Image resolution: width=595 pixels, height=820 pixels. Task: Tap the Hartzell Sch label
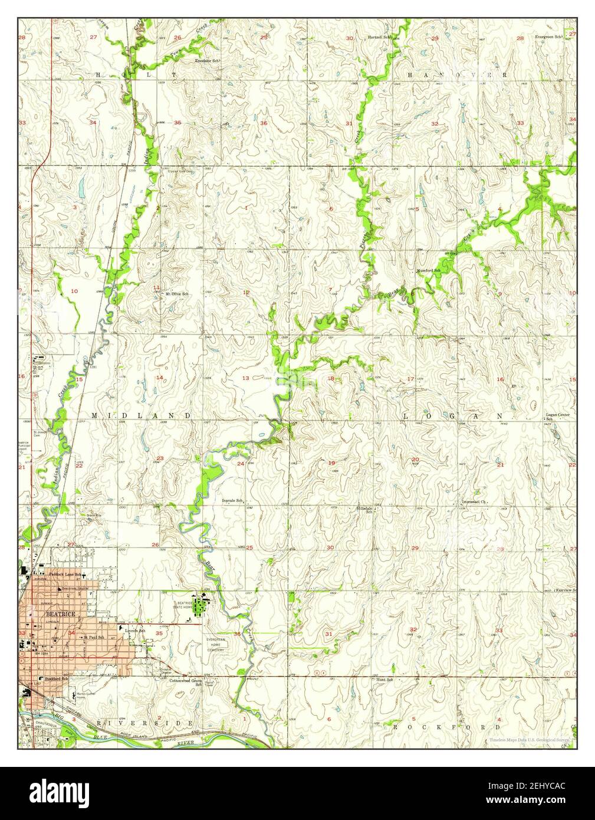(380, 37)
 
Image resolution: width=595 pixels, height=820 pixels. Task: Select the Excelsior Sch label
(208, 61)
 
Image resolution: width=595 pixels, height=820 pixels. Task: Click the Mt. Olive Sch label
(177, 294)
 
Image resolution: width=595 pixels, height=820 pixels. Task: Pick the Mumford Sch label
(429, 270)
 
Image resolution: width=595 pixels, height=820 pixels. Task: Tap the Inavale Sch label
(233, 500)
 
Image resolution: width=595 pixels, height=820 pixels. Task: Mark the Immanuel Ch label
(474, 503)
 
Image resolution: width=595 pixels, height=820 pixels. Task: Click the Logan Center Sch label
(557, 417)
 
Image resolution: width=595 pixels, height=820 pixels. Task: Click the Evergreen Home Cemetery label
(216, 643)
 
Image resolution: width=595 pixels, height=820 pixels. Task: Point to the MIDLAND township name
(142, 416)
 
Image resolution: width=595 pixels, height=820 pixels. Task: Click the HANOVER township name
(457, 76)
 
